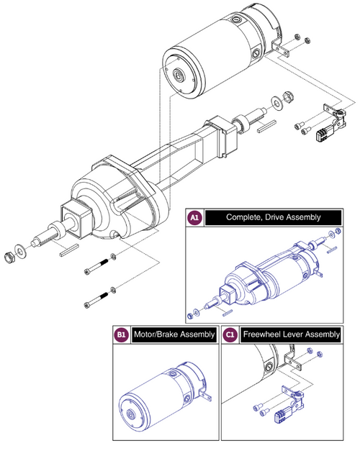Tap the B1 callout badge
click(122, 334)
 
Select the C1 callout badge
click(230, 334)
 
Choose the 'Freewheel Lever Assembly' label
click(292, 334)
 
